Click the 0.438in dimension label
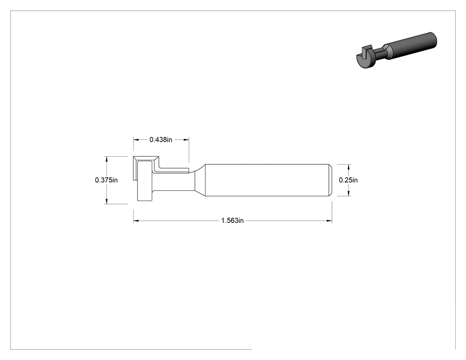coord(161,139)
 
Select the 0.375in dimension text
coord(106,180)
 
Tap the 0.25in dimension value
coord(348,180)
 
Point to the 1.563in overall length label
coord(233,221)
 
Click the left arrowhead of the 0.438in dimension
coord(136,139)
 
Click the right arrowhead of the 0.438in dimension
coord(186,139)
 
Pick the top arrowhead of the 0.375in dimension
coord(106,159)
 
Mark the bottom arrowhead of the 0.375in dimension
coord(106,201)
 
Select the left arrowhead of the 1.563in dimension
coord(136,221)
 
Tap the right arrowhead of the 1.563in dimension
coord(329,221)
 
